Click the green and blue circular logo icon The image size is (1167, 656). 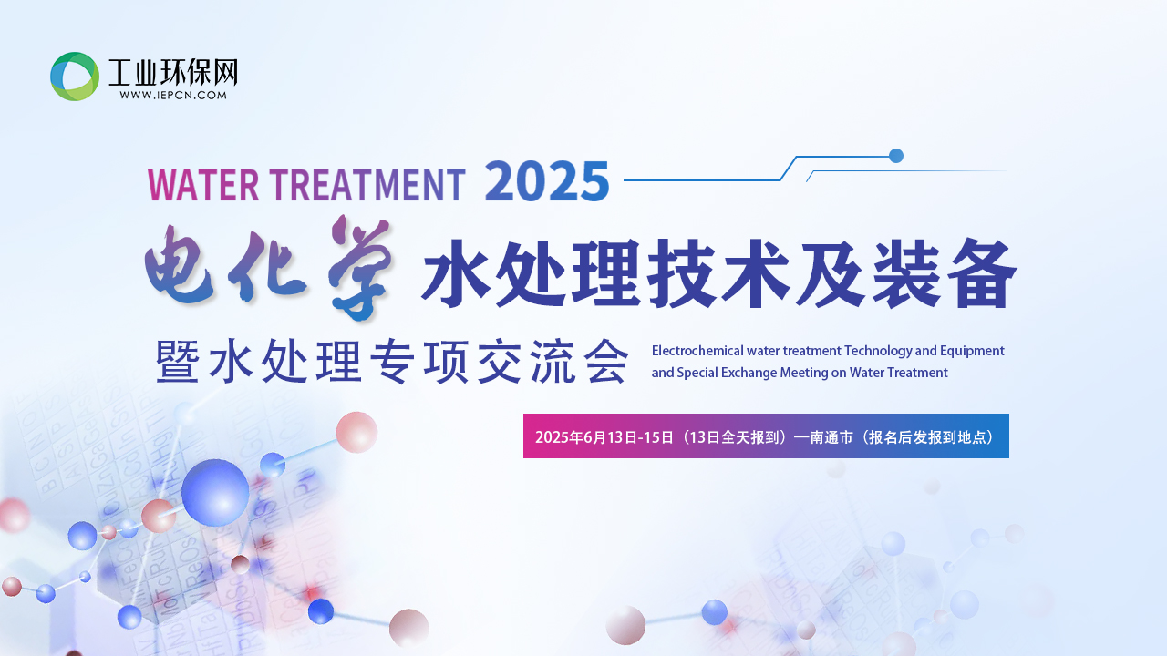(x=75, y=76)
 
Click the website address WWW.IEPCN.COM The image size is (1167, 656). (x=173, y=96)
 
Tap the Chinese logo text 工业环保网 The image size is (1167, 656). (x=173, y=72)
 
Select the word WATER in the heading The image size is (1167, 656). (x=203, y=184)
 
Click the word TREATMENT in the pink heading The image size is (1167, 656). (x=367, y=184)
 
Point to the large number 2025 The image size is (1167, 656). (x=547, y=180)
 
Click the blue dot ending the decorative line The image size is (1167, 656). (x=895, y=156)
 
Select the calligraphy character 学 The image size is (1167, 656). (x=360, y=267)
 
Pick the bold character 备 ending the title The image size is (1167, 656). (x=982, y=272)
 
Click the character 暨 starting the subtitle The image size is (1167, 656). (x=178, y=361)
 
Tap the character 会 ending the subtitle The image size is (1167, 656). (x=606, y=361)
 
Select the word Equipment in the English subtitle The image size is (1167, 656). (x=972, y=352)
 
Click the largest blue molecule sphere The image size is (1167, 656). (x=215, y=493)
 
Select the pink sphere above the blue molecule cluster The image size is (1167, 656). (x=356, y=432)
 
